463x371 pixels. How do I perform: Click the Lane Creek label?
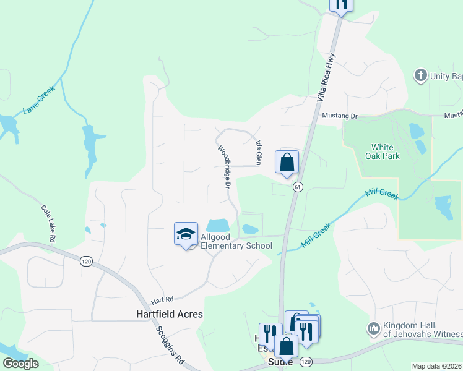[x=39, y=100]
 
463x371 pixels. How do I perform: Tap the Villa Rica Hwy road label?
[x=326, y=77]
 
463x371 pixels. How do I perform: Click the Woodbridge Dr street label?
[x=224, y=167]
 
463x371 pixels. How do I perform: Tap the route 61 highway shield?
[x=298, y=187]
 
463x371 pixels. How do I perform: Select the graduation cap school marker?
[x=186, y=234]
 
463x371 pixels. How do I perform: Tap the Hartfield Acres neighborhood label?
[x=169, y=314]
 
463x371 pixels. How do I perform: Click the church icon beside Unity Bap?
[x=420, y=75]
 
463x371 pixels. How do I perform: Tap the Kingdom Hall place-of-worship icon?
[x=373, y=328]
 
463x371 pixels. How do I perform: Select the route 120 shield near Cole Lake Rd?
[x=85, y=262]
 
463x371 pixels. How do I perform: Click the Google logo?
[x=20, y=364]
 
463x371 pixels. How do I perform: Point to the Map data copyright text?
[x=436, y=366]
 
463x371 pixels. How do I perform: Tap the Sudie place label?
[x=280, y=361]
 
